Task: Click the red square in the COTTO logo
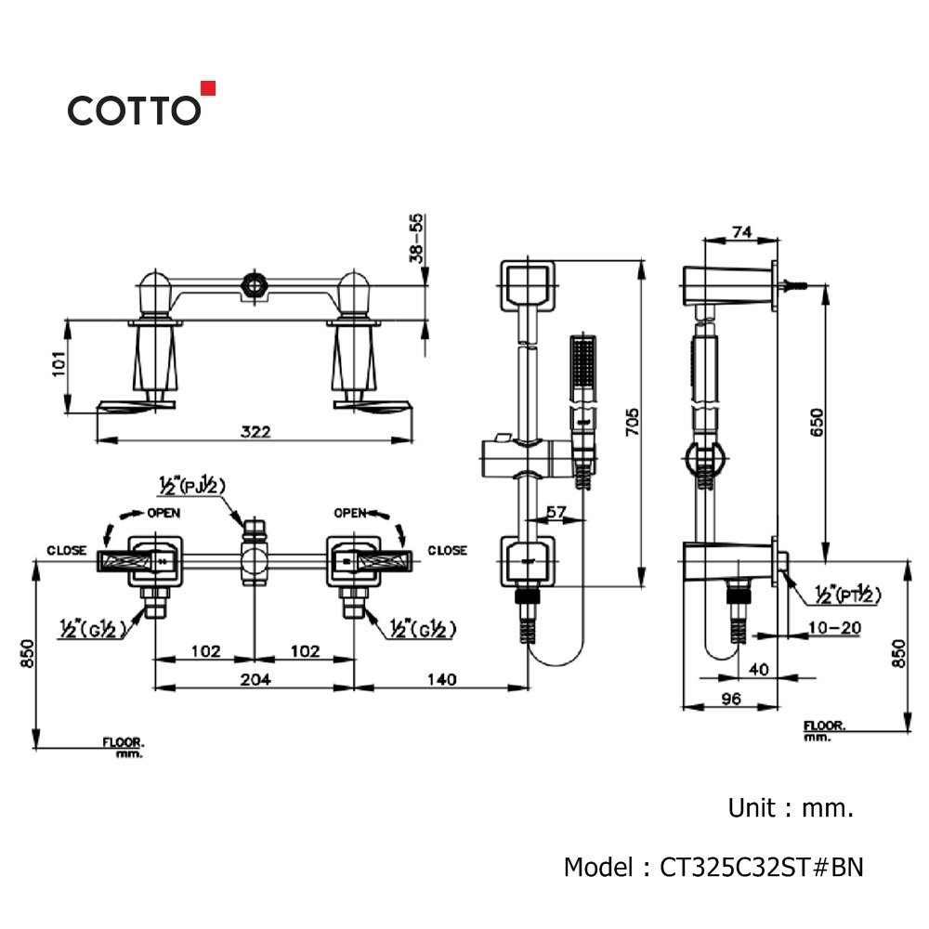pyautogui.click(x=208, y=88)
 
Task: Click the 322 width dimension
pyautogui.click(x=255, y=431)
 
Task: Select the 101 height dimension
pyautogui.click(x=59, y=363)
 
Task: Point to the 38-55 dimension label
pyautogui.click(x=417, y=238)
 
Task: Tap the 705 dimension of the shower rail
pyautogui.click(x=633, y=422)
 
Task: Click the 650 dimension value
pyautogui.click(x=817, y=422)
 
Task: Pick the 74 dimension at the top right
pyautogui.click(x=741, y=231)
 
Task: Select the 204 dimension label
pyautogui.click(x=255, y=679)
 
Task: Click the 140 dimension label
pyautogui.click(x=442, y=679)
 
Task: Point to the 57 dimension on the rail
pyautogui.click(x=556, y=511)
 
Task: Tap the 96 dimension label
pyautogui.click(x=731, y=699)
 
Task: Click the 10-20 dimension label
pyautogui.click(x=834, y=627)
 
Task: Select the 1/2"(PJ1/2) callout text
pyautogui.click(x=192, y=485)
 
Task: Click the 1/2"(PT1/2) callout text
pyautogui.click(x=847, y=594)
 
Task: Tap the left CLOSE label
pyautogui.click(x=66, y=550)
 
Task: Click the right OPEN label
pyautogui.click(x=350, y=513)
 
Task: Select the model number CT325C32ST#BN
pyautogui.click(x=762, y=867)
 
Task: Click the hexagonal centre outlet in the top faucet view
pyautogui.click(x=255, y=285)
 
